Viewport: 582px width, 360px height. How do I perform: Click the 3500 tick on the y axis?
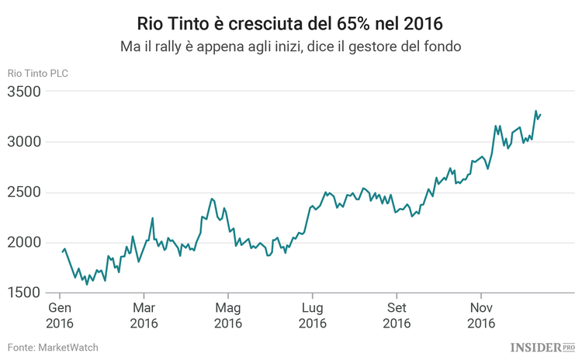25,92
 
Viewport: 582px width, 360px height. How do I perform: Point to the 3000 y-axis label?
25,143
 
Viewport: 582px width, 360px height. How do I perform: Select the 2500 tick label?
25,193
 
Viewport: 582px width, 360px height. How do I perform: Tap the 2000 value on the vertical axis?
25,243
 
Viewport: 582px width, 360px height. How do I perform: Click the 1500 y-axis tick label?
25,293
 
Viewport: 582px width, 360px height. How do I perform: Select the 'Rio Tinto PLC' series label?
38,74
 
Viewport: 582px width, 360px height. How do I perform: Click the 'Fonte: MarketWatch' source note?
53,348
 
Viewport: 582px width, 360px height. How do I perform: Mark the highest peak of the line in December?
535,111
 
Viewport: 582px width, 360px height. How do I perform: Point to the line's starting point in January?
62,251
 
